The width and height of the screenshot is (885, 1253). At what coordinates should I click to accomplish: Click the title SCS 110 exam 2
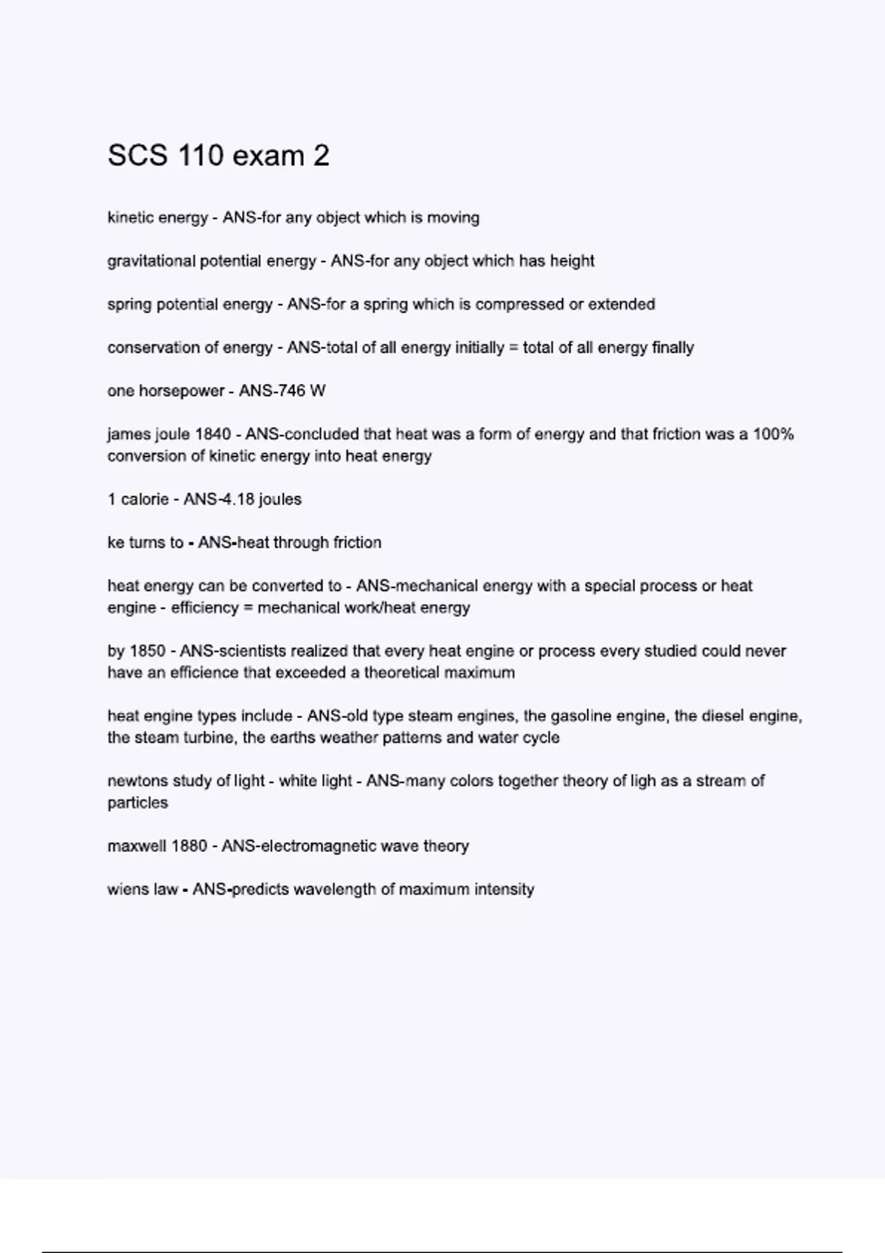(218, 156)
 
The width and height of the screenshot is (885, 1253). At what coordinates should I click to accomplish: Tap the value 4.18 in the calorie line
(234, 499)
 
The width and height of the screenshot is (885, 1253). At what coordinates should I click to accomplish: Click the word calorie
(145, 499)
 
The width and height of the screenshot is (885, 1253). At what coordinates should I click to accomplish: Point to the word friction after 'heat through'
(357, 542)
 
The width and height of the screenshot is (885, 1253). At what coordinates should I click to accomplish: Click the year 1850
(147, 651)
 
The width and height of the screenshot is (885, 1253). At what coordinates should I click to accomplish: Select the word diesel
(708, 716)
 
